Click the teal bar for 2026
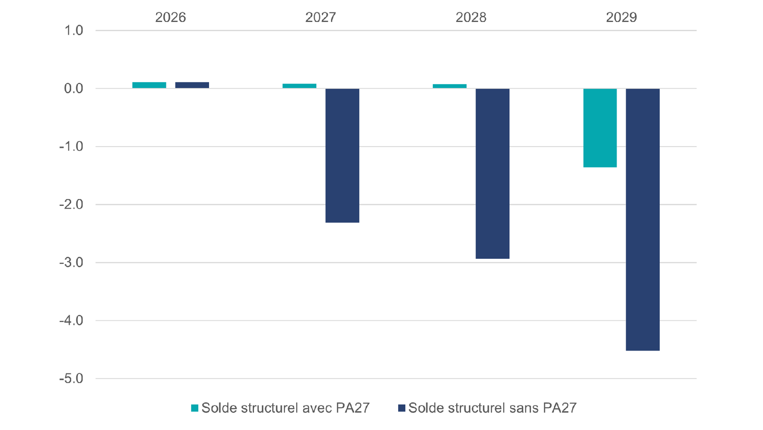click(x=149, y=85)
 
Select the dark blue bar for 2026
click(x=192, y=85)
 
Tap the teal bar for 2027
click(x=299, y=86)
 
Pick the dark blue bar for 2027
click(x=342, y=155)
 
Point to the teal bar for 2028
click(x=449, y=86)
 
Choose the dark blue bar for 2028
click(x=492, y=173)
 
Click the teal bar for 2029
click(x=600, y=128)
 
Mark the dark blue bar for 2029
click(x=642, y=219)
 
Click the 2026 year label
click(x=170, y=17)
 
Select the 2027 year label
click(x=320, y=17)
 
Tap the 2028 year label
click(x=471, y=17)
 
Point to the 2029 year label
click(x=621, y=17)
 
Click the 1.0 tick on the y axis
click(x=74, y=31)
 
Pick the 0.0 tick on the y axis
click(x=74, y=89)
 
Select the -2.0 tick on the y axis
click(x=72, y=205)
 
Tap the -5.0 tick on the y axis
click(x=72, y=379)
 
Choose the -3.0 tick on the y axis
click(x=72, y=263)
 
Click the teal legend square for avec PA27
click(x=195, y=408)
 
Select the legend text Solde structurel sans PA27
click(x=492, y=408)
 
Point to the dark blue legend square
click(x=402, y=408)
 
